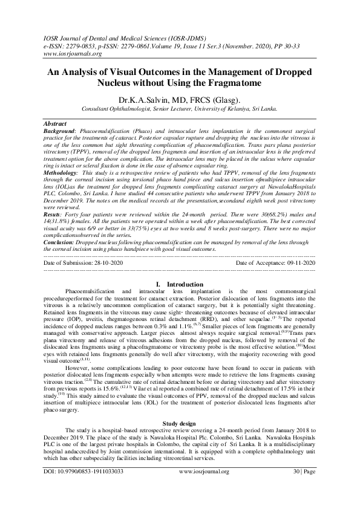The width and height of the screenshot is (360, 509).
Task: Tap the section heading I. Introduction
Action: [180, 284]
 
